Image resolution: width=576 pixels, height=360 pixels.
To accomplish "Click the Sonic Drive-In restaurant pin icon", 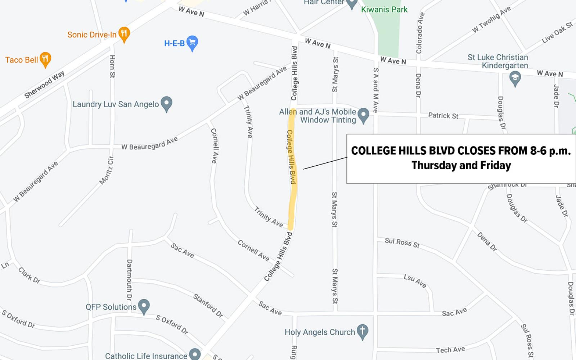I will pyautogui.click(x=124, y=34).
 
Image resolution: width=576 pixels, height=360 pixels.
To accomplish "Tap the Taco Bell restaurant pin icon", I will pyautogui.click(x=45, y=59).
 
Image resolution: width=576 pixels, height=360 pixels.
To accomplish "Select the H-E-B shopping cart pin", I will pyautogui.click(x=192, y=43).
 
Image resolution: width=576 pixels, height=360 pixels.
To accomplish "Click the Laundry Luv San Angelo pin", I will pyautogui.click(x=166, y=104).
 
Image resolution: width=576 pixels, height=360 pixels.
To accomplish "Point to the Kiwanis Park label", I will pyautogui.click(x=384, y=10).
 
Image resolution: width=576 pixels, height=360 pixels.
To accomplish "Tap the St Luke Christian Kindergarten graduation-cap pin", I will pyautogui.click(x=515, y=78).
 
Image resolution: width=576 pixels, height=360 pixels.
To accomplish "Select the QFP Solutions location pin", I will pyautogui.click(x=144, y=306).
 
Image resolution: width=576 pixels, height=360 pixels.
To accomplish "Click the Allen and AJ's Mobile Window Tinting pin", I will pyautogui.click(x=364, y=115).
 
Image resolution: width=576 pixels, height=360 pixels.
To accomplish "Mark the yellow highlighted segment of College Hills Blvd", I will pyautogui.click(x=292, y=169).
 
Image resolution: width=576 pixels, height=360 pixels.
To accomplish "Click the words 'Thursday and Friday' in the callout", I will pyautogui.click(x=461, y=165).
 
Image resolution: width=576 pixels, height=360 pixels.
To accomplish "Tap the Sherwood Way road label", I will pyautogui.click(x=45, y=84).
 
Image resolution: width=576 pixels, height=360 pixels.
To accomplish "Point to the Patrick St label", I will pyautogui.click(x=443, y=116).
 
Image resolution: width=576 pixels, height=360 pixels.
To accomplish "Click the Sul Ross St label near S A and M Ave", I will pyautogui.click(x=402, y=243).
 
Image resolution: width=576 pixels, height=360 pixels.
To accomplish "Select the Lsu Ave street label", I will pyautogui.click(x=415, y=281).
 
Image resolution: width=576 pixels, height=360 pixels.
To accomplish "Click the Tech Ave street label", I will pyautogui.click(x=450, y=350).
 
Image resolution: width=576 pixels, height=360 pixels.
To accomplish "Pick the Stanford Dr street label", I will pyautogui.click(x=208, y=306).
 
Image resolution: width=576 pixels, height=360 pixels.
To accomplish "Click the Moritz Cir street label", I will pyautogui.click(x=107, y=170).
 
